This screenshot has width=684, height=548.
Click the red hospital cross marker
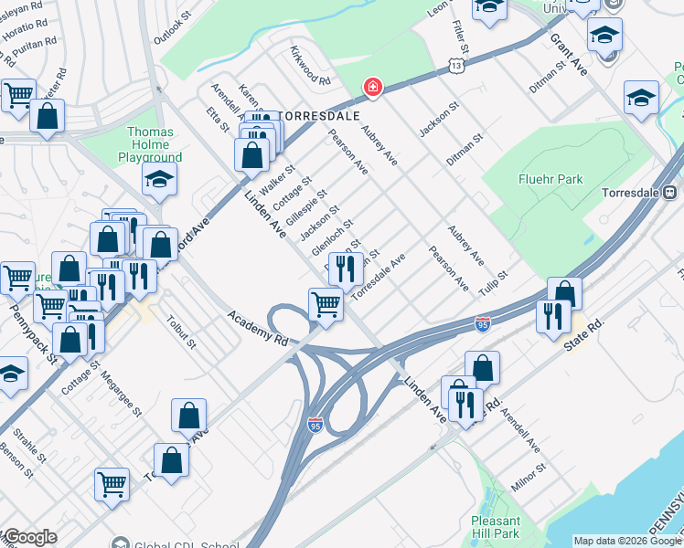[372, 88]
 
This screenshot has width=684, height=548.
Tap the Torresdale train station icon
[669, 193]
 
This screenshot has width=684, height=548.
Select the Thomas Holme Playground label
[150, 144]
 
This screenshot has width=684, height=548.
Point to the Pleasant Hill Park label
[495, 527]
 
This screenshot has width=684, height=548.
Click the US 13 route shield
[455, 64]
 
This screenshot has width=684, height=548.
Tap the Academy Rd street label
[258, 327]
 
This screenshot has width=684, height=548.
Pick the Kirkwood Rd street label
[310, 65]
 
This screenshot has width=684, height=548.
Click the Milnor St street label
[529, 478]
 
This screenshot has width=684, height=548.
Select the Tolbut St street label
[181, 332]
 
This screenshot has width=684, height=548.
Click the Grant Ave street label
[569, 55]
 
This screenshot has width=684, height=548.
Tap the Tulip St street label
[491, 281]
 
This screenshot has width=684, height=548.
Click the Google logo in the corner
[29, 537]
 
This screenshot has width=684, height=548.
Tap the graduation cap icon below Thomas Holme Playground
[159, 181]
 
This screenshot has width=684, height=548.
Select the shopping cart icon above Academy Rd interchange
[326, 303]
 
